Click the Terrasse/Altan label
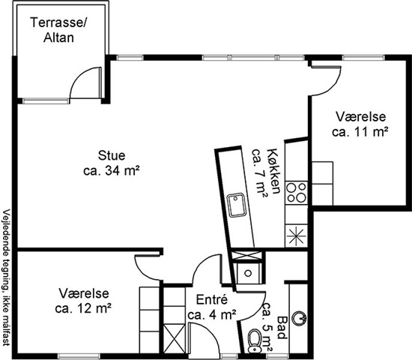pos(58,30)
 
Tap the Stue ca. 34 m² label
pos(112,163)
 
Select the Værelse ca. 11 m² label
pos(360,124)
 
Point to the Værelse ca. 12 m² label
pos(83,301)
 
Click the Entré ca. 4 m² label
pos(212,307)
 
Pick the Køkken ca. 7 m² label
pos(265,171)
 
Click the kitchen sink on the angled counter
pos(237,205)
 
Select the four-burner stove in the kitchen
pos(297,193)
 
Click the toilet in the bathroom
pos(255,340)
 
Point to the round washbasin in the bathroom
pos(299,319)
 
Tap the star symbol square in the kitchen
pos(297,235)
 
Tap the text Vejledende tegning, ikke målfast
pos(6,277)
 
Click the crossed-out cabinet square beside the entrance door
pos(175,339)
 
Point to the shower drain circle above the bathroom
pos(248,273)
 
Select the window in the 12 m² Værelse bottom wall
pos(79,356)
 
